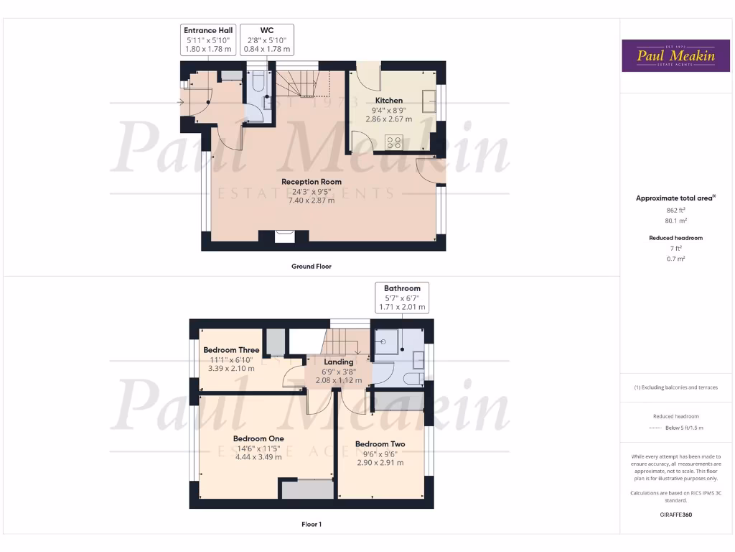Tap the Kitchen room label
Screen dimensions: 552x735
[389, 101]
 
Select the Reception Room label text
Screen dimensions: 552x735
[312, 182]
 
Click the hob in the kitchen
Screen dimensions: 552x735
[393, 142]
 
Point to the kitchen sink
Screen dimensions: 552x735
[429, 100]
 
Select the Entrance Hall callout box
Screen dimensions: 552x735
[209, 40]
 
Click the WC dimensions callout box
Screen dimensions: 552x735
[266, 40]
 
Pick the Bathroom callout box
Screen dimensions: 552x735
[402, 298]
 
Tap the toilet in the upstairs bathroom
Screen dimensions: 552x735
[413, 377]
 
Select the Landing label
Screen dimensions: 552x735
[339, 362]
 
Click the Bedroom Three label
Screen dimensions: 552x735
[231, 350]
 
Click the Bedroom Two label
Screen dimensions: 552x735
[380, 444]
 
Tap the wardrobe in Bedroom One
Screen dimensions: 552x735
[307, 489]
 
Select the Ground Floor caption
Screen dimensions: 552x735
[312, 266]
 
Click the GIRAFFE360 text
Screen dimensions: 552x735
[675, 515]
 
